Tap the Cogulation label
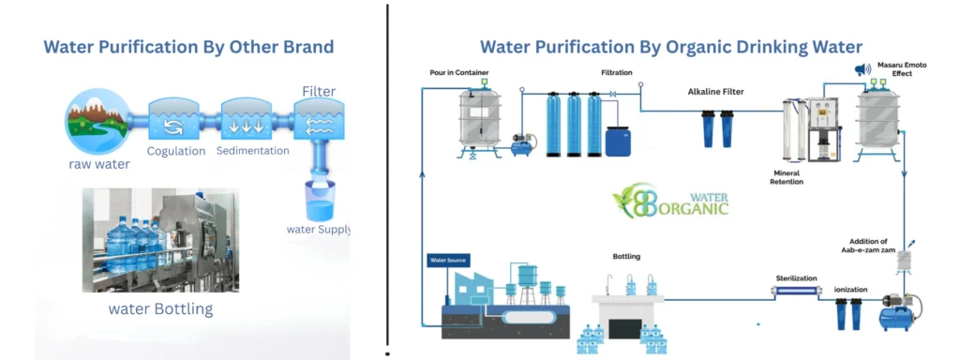(175, 151)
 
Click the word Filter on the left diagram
(319, 92)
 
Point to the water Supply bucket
(320, 201)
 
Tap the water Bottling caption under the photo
(161, 308)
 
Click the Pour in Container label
(458, 72)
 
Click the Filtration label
(617, 72)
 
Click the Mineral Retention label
(787, 177)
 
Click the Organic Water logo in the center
(670, 200)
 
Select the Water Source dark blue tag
(447, 260)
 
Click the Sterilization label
(796, 278)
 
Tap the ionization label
(850, 290)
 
